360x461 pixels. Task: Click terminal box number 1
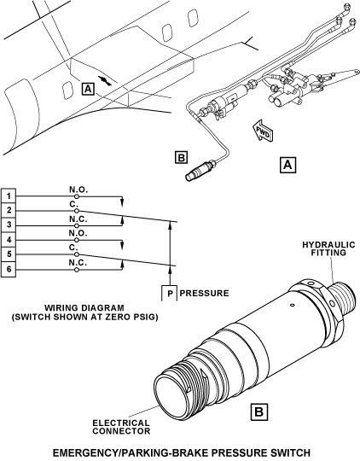[9, 195]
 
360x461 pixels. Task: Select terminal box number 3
[9, 225]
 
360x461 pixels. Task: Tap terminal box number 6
[9, 269]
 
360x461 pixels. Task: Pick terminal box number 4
[9, 240]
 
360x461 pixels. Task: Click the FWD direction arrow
[263, 131]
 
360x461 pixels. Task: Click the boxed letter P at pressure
[169, 293]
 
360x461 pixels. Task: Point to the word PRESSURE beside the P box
[204, 293]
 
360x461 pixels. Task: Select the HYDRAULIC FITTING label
[328, 248]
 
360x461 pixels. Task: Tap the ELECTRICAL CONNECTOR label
[121, 427]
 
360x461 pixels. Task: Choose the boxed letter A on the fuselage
[88, 89]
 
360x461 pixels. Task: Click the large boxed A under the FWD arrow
[287, 165]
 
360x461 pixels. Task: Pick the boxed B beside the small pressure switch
[181, 157]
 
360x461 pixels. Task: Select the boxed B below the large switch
[258, 411]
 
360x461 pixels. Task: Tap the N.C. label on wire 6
[78, 263]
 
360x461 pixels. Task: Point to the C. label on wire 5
[73, 248]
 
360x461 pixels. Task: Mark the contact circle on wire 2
[77, 211]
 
